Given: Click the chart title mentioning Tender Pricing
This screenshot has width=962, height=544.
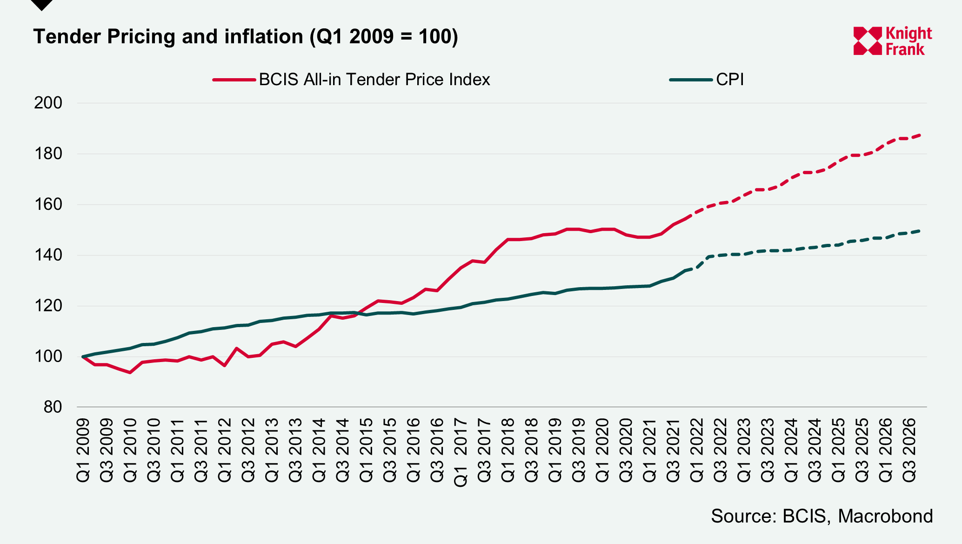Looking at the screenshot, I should [x=246, y=37].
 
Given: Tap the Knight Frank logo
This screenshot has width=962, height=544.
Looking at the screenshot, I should [x=892, y=41].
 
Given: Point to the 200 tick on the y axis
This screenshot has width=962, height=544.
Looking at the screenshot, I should [x=48, y=103].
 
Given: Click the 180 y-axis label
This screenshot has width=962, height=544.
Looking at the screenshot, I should [x=48, y=154].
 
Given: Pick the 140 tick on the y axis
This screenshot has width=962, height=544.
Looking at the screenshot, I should [x=48, y=255].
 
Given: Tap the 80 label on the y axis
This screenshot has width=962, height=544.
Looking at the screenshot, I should [x=53, y=407].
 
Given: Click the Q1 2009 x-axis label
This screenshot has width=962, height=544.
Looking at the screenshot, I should [x=83, y=450].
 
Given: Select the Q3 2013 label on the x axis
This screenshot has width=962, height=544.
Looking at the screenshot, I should [x=295, y=450].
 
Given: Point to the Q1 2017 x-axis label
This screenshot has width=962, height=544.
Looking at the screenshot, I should [x=461, y=452].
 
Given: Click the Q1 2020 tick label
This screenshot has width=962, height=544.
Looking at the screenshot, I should [x=602, y=450].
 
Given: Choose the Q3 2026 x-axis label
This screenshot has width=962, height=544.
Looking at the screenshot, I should [x=909, y=450].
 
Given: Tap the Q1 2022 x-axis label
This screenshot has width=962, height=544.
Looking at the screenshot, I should [x=697, y=450].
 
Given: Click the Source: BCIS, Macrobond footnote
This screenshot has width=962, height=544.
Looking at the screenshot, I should [x=822, y=517].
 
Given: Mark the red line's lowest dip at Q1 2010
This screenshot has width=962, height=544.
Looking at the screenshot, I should [x=130, y=372].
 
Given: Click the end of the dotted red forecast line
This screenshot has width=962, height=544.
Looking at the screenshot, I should [x=920, y=135].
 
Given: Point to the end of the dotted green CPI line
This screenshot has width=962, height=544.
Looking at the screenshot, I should [x=920, y=231].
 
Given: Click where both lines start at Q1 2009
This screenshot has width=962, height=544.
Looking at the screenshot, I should [x=83, y=356].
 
